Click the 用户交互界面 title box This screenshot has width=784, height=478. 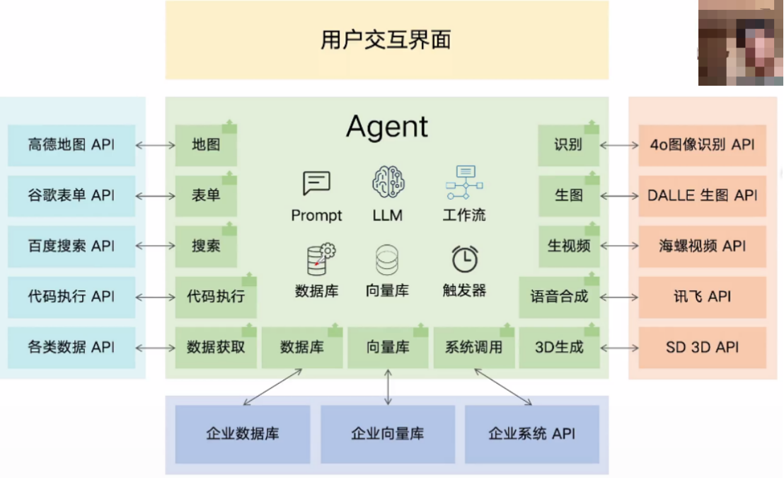pyautogui.click(x=386, y=40)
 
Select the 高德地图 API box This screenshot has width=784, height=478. pyautogui.click(x=71, y=145)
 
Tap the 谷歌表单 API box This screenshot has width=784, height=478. pyautogui.click(x=71, y=195)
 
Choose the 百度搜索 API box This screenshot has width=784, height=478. pyautogui.click(x=71, y=246)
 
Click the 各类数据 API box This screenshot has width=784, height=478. pyautogui.click(x=71, y=347)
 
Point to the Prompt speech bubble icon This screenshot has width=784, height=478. pyautogui.click(x=316, y=183)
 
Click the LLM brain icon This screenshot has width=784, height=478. pyautogui.click(x=388, y=181)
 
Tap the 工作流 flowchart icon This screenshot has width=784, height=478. pyautogui.click(x=463, y=182)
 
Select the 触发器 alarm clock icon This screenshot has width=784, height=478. pyautogui.click(x=465, y=260)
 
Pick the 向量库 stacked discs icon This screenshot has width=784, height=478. pyautogui.click(x=387, y=260)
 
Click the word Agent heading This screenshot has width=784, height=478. pyautogui.click(x=387, y=127)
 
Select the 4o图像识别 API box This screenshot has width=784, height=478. pyautogui.click(x=702, y=145)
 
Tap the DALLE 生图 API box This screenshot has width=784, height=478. pyautogui.click(x=702, y=195)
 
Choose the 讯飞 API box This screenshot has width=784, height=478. pyautogui.click(x=702, y=297)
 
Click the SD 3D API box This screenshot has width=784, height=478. pyautogui.click(x=702, y=347)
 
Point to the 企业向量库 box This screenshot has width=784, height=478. pyautogui.click(x=387, y=433)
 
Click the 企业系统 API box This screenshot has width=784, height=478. pyautogui.click(x=531, y=433)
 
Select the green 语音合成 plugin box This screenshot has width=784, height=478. pyautogui.click(x=559, y=297)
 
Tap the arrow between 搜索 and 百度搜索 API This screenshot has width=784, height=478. pyautogui.click(x=155, y=246)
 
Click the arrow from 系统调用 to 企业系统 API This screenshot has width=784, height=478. pyautogui.click(x=503, y=386)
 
